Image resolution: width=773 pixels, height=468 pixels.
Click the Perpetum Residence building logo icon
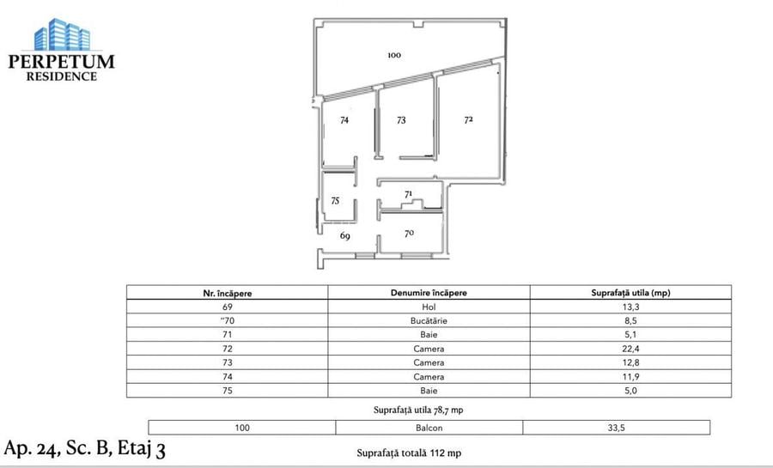[x=62, y=34]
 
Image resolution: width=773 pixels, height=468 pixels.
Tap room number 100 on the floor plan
[x=394, y=55]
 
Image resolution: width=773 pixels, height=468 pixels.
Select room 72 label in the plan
[x=469, y=120]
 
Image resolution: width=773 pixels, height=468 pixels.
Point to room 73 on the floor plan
[x=401, y=121]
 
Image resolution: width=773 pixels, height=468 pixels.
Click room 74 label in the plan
[x=344, y=121]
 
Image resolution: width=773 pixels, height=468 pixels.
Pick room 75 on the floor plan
[x=335, y=200]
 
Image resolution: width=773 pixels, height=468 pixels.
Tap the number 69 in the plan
[x=344, y=234]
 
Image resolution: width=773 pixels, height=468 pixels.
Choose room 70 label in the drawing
[x=410, y=232]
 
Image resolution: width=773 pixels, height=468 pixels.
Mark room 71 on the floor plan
[x=409, y=194]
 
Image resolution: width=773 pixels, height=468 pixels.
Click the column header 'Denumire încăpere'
[x=429, y=293]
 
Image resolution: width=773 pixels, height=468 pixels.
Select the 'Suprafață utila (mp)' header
[x=630, y=293]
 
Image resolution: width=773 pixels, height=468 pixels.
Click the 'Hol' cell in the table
[x=429, y=307]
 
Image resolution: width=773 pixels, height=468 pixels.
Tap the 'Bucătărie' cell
[x=429, y=320]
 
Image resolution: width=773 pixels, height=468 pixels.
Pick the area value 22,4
[x=630, y=349]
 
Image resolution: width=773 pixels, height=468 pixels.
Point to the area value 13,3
[x=630, y=307]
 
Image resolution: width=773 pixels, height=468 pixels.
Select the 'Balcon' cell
[x=429, y=427]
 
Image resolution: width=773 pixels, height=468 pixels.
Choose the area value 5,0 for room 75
[x=630, y=391]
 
